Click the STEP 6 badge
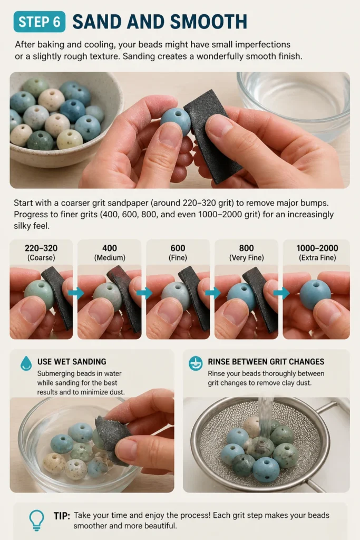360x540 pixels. pyautogui.click(x=39, y=22)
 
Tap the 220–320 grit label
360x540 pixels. pyautogui.click(x=41, y=248)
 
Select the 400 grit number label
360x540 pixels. pyautogui.click(x=110, y=248)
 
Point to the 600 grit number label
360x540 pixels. pyautogui.click(x=178, y=248)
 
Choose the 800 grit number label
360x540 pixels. pyautogui.click(x=247, y=248)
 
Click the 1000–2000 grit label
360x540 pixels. pyautogui.click(x=317, y=248)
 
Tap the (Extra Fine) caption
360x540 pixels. pyautogui.click(x=317, y=257)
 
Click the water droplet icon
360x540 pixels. pyautogui.click(x=26, y=363)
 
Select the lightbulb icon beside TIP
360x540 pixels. pyautogui.click(x=36, y=520)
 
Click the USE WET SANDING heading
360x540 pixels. pyautogui.click(x=72, y=362)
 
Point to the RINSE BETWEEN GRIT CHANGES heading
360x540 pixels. pyautogui.click(x=266, y=362)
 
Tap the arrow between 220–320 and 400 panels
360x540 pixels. pyautogui.click(x=76, y=293)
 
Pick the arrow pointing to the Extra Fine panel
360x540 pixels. pyautogui.click(x=281, y=293)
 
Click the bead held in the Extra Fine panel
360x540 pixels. pyautogui.click(x=315, y=294)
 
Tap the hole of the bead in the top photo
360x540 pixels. pyautogui.click(x=178, y=113)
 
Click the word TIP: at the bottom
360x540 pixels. pyautogui.click(x=62, y=516)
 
